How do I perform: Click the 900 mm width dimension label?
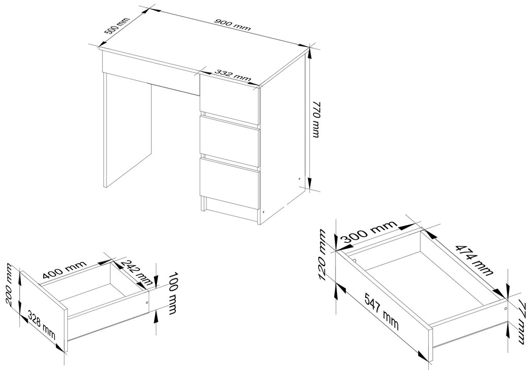[233, 24]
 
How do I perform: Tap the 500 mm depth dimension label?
[117, 26]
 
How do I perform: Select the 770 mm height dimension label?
[316, 119]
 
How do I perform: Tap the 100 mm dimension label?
[173, 293]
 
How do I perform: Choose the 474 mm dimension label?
[473, 260]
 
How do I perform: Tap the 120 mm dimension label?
[322, 255]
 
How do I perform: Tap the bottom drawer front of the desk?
[229, 183]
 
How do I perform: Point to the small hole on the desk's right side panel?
[299, 179]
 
